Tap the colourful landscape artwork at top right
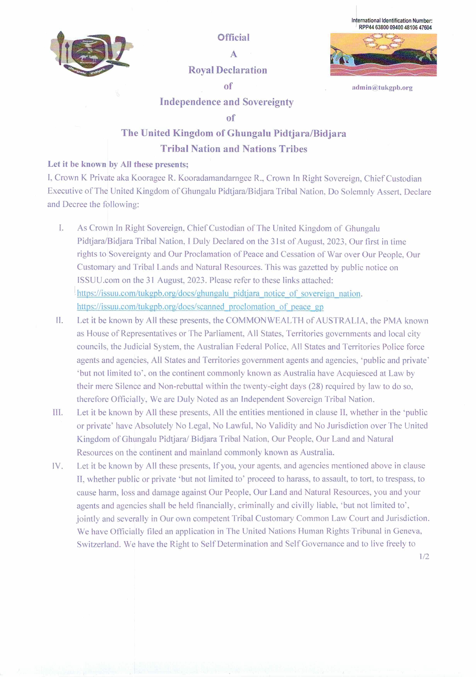pos(383,55)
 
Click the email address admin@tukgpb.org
pos(382,88)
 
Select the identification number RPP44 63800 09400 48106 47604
pos(395,27)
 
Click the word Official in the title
pos(233,37)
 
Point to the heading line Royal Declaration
pos(228,70)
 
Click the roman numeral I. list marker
pos(61,228)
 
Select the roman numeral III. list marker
pos(58,412)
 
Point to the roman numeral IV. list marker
pos(58,466)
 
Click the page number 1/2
pos(424,556)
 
